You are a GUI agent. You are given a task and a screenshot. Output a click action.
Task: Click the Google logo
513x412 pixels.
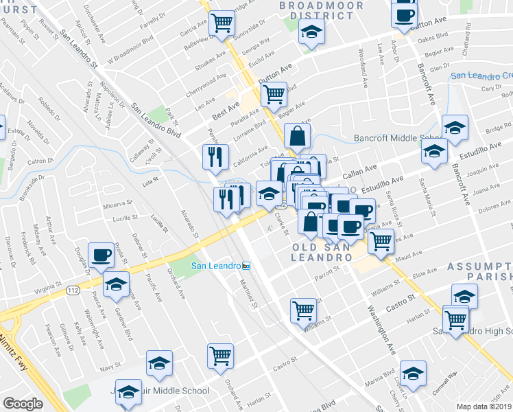[x=23, y=404]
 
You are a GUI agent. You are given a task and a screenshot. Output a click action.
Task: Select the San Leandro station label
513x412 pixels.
[x=220, y=266]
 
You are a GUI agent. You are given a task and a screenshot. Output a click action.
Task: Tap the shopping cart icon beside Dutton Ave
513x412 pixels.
[x=274, y=93]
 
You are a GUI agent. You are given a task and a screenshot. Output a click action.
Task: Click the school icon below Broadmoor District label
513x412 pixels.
[x=312, y=32]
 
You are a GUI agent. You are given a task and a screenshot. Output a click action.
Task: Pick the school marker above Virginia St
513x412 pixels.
[x=117, y=284]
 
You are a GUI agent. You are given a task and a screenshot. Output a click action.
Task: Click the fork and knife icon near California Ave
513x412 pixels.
[x=216, y=157]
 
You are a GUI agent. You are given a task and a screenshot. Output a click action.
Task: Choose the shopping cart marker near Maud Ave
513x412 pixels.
[x=381, y=241]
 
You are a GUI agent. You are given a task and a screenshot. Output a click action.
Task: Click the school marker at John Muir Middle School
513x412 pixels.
[x=127, y=391]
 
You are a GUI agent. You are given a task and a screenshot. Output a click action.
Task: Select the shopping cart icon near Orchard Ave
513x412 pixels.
[x=220, y=356]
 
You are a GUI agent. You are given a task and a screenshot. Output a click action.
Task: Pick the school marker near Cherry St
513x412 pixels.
[x=412, y=373]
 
